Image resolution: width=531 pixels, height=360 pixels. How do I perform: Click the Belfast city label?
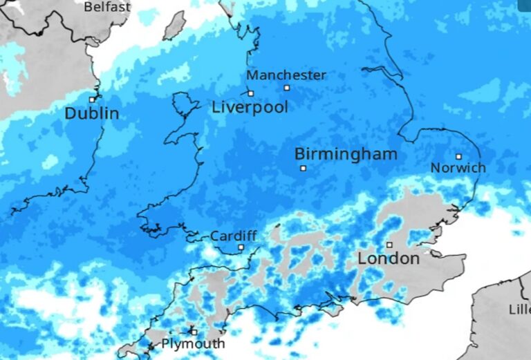[x=107, y=7]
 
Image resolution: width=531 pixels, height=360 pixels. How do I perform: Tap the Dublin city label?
[x=92, y=113]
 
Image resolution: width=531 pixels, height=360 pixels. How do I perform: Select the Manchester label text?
[x=286, y=75]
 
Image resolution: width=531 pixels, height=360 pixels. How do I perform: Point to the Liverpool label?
[x=250, y=108]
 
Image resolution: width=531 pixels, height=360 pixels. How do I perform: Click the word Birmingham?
[x=346, y=154]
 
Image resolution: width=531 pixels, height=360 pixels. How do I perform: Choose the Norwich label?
[x=458, y=168]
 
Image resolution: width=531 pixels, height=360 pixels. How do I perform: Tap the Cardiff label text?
[x=234, y=236]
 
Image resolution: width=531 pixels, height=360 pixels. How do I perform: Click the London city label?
[x=389, y=259]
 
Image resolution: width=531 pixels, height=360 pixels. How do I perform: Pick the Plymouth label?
[x=193, y=343]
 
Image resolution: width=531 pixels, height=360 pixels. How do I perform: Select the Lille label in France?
[x=519, y=310]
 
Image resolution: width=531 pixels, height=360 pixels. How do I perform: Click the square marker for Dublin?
[x=92, y=99]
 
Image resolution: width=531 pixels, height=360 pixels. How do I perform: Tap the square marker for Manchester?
[x=287, y=88]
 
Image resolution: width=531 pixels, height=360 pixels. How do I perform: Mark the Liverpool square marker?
[x=250, y=93]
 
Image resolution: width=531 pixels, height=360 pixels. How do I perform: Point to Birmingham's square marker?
[x=302, y=168]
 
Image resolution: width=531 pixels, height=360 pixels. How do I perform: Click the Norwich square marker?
[x=458, y=156]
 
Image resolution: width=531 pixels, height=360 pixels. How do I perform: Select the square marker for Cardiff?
[x=241, y=247]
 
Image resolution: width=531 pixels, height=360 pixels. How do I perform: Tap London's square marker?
[x=389, y=245]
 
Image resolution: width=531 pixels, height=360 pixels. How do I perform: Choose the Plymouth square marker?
[x=194, y=332]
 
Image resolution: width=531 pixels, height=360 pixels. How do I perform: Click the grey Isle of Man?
[x=174, y=25]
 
